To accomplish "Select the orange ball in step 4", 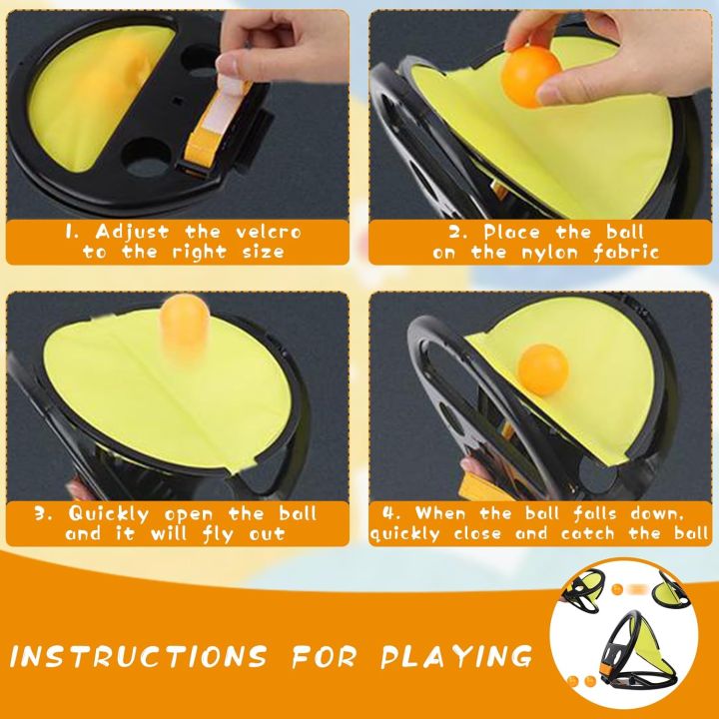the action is point(543,369).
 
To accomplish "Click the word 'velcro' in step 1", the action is point(269,232).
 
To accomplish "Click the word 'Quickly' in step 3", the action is point(109,514).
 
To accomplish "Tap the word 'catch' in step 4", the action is point(587,533).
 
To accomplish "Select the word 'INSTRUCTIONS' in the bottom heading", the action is point(138,657).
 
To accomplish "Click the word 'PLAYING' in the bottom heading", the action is point(456,657).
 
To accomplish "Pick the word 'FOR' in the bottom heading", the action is point(325,657).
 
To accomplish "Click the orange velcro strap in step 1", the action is point(215,125).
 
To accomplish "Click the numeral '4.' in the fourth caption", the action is point(391,512).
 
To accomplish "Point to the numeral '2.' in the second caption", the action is point(458,232).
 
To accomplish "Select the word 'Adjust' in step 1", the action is point(132,233).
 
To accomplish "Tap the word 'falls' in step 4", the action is point(595,513).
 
